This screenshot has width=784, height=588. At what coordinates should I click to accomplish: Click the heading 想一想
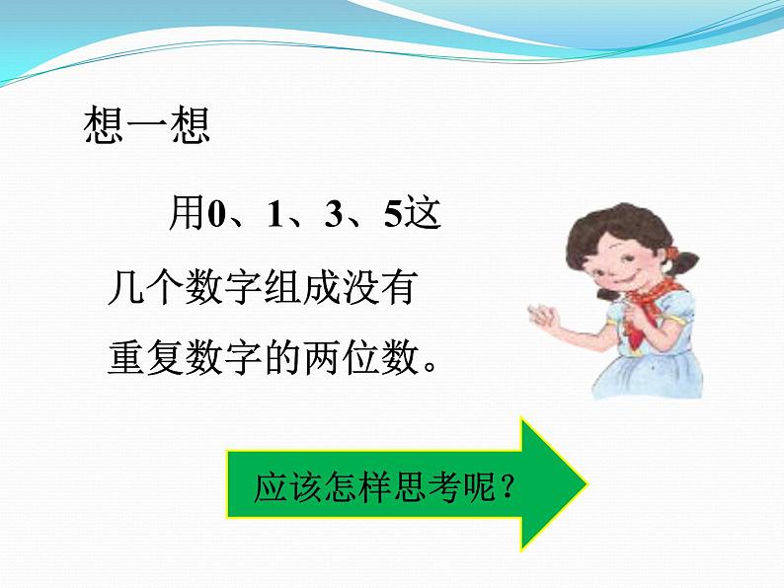pos(147,127)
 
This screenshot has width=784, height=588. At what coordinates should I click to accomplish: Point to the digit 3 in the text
pos(333,214)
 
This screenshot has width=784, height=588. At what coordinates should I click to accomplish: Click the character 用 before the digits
pos(187,213)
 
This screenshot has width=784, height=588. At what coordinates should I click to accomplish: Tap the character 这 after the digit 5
pos(423,213)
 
